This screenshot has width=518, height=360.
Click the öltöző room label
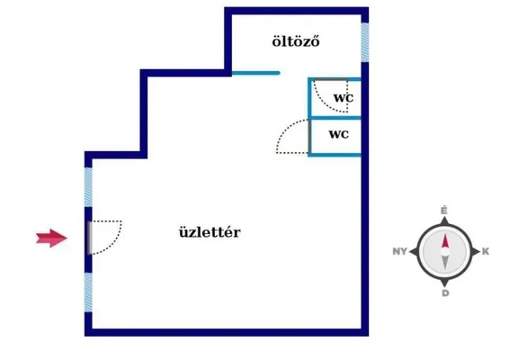296,41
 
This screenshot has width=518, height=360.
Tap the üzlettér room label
210,232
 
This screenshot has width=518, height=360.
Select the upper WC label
344,98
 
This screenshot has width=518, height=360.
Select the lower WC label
339,134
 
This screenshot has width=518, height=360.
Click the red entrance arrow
51,238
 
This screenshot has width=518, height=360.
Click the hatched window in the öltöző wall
365,42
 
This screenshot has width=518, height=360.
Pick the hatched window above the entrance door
88,187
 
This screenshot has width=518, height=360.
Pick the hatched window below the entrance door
88,292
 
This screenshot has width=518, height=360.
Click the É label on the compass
444,211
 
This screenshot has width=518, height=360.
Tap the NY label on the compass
399,252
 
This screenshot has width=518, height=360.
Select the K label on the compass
486,252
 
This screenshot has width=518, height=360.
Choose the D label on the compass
445,293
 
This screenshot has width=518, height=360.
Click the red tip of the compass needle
445,235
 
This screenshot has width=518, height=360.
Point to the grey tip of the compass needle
445,268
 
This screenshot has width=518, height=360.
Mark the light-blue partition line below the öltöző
256,73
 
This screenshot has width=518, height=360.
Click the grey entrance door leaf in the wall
90,238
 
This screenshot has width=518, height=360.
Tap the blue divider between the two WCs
335,118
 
